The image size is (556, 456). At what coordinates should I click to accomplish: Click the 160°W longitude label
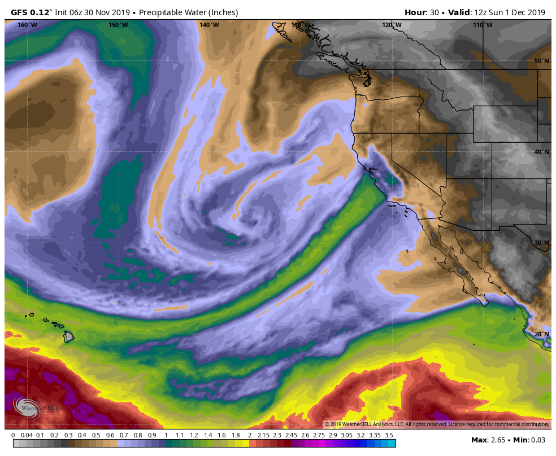click(x=27, y=25)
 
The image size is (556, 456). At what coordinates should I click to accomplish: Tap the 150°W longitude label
click(x=118, y=25)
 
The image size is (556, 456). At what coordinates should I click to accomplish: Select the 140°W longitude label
click(x=209, y=25)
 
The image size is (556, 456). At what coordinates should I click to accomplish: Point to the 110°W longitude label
click(x=483, y=25)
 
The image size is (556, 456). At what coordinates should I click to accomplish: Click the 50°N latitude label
click(x=542, y=61)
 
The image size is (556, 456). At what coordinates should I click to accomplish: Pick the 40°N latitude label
click(x=542, y=152)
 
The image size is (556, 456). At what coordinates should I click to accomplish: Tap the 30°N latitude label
click(x=542, y=243)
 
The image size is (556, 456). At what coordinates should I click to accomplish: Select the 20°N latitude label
click(x=542, y=334)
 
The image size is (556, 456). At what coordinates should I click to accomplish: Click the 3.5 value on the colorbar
click(x=389, y=435)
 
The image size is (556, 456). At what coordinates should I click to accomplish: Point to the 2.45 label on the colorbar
click(x=291, y=435)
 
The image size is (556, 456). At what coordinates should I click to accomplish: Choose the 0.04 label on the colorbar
click(x=26, y=435)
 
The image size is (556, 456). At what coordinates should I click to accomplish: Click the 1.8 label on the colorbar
click(x=236, y=435)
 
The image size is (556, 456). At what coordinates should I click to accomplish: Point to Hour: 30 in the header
click(x=422, y=12)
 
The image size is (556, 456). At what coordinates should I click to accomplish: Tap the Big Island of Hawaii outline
click(x=69, y=337)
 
